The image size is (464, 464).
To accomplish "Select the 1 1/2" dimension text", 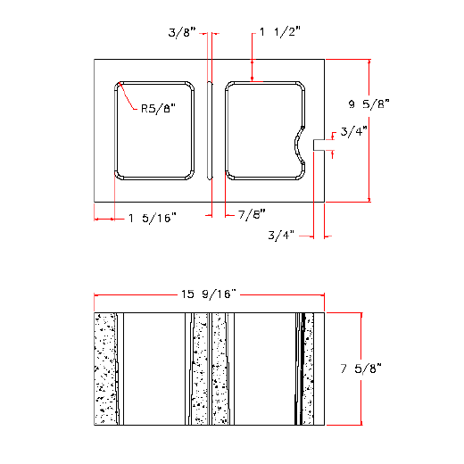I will coord(279,32).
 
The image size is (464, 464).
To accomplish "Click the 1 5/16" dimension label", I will coord(153,217).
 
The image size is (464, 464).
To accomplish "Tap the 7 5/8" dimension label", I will coord(361,368).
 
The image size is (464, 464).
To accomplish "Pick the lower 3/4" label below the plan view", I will coord(281,236).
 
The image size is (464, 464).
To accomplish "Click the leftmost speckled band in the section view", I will coord(107,369).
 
